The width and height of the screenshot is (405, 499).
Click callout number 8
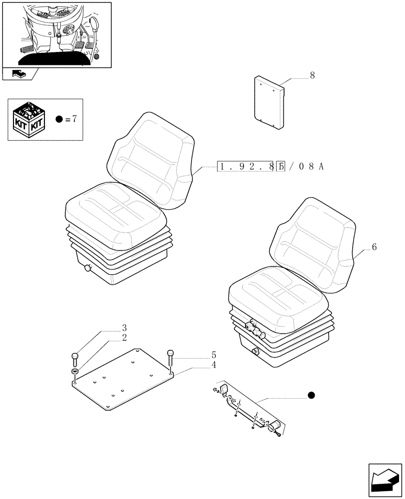point(312,76)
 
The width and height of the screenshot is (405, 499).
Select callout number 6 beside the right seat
point(374,247)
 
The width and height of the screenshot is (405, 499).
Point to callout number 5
point(213,355)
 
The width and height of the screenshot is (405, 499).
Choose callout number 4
point(213,365)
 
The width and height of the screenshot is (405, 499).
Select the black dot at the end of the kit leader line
point(312,396)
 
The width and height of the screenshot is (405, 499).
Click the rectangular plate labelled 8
point(269,105)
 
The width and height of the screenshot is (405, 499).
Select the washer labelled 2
point(75,372)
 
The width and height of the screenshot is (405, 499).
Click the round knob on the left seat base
point(89,269)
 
